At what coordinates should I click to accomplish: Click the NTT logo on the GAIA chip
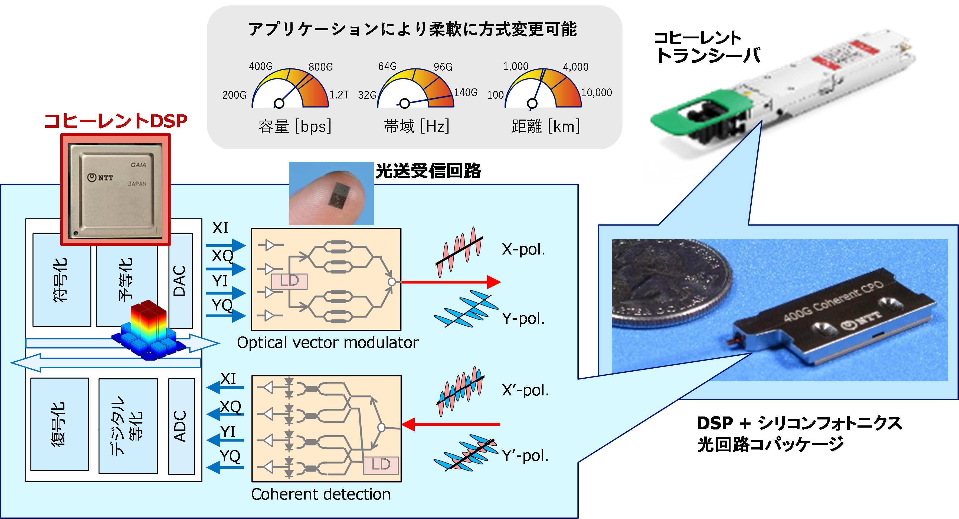[x=100, y=177]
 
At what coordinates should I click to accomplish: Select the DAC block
[x=181, y=281]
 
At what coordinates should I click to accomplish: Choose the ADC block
[x=181, y=426]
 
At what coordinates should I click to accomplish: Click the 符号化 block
[x=62, y=280]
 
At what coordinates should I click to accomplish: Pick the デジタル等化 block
[x=128, y=426]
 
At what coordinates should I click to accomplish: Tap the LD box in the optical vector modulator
[x=289, y=282]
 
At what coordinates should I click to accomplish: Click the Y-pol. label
[x=523, y=319]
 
